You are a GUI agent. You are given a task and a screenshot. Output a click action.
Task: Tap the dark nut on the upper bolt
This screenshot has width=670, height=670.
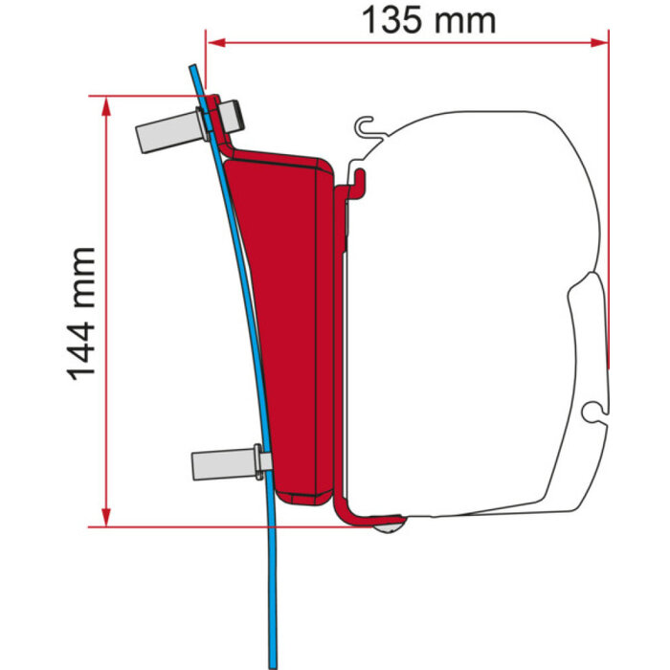pyautogui.click(x=231, y=117)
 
